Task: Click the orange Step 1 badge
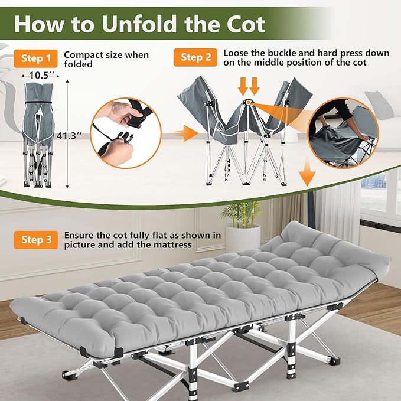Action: [x=36, y=58]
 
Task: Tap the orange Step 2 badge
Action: [x=195, y=57]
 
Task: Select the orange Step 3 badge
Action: [x=36, y=240]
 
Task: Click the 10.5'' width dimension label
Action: [x=40, y=76]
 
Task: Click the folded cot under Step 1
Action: [x=38, y=135]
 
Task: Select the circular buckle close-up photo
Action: [x=126, y=133]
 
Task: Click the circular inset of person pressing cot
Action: [x=343, y=133]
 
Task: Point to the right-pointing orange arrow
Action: [x=185, y=133]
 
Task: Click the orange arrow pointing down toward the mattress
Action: [x=307, y=174]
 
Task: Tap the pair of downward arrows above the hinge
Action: [x=249, y=87]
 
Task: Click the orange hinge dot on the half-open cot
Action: [x=248, y=102]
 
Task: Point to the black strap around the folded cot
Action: [x=39, y=102]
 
